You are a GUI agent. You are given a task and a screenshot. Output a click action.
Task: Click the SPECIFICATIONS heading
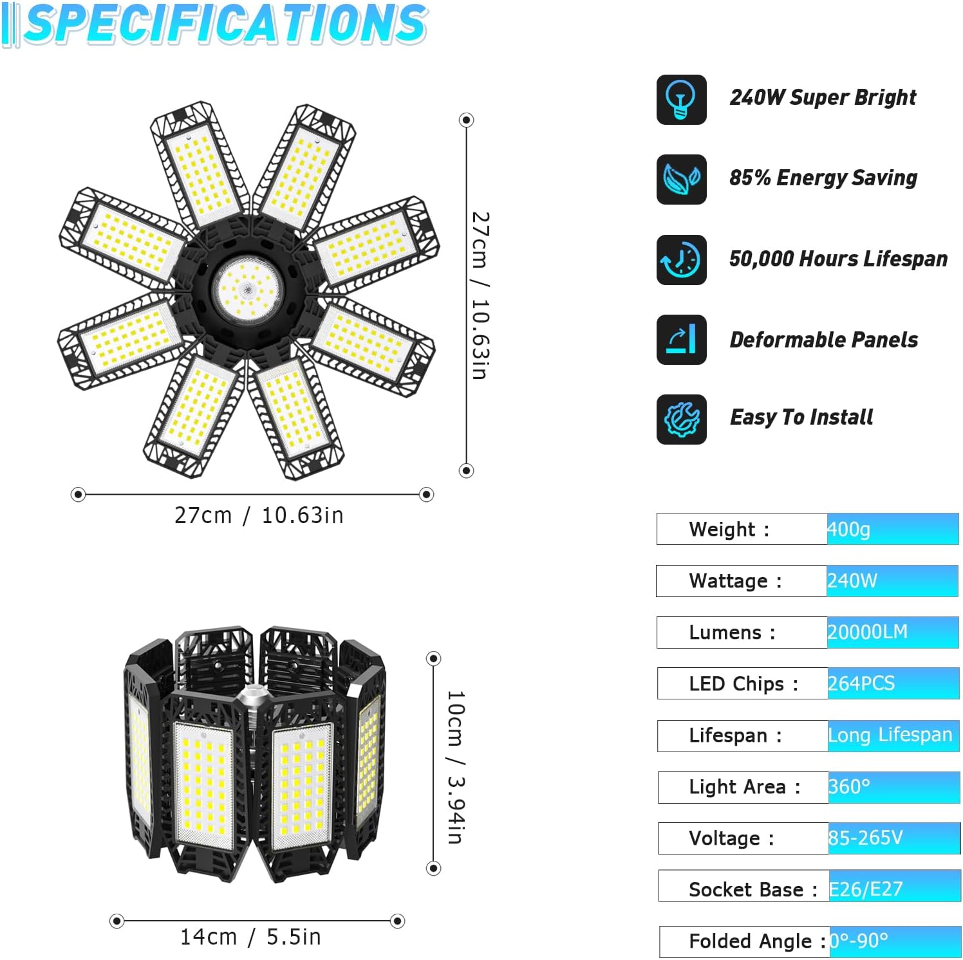pyautogui.click(x=225, y=24)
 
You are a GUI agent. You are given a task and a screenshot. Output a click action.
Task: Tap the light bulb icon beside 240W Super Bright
pyautogui.click(x=681, y=100)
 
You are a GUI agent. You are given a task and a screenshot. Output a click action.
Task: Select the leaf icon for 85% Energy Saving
pyautogui.click(x=681, y=180)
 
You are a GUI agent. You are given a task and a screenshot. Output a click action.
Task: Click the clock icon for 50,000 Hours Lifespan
pyautogui.click(x=681, y=260)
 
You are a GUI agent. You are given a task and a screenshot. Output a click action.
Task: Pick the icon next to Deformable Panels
pyautogui.click(x=681, y=340)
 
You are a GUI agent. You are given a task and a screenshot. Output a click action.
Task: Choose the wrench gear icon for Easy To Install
pyautogui.click(x=681, y=420)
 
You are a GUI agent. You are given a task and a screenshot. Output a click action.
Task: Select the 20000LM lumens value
pyautogui.click(x=867, y=632)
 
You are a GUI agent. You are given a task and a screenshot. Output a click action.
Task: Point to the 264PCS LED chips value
pyautogui.click(x=861, y=683)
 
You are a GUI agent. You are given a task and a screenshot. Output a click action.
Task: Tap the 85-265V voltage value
pyautogui.click(x=865, y=838)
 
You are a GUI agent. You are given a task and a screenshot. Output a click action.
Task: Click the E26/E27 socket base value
pyautogui.click(x=865, y=889)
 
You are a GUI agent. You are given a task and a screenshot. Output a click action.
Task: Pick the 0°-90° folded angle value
pyautogui.click(x=859, y=941)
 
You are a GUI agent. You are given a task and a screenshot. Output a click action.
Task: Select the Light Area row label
pyautogui.click(x=744, y=787)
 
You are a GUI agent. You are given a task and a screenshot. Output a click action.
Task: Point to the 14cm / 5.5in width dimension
pyautogui.click(x=250, y=937)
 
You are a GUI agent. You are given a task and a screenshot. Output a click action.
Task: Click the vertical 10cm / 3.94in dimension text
pyautogui.click(x=455, y=767)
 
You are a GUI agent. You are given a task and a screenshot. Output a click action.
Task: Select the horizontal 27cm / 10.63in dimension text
pyautogui.click(x=259, y=516)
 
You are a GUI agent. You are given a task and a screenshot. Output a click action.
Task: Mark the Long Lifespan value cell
pyautogui.click(x=890, y=735)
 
